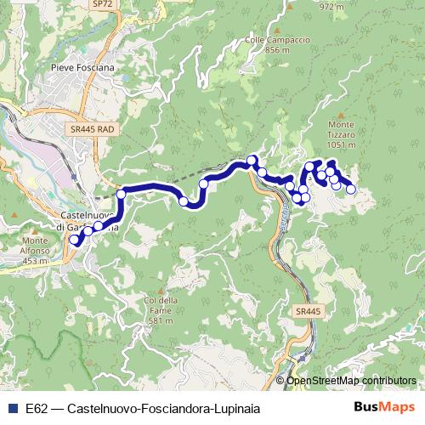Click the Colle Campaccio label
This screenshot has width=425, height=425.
click(261, 38)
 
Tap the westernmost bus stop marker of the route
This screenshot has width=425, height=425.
click(73, 241)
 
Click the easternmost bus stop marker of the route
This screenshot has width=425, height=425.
click(350, 189)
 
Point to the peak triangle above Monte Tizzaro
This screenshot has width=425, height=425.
click(341, 115)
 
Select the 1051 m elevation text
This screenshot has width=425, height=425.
click(341, 145)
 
